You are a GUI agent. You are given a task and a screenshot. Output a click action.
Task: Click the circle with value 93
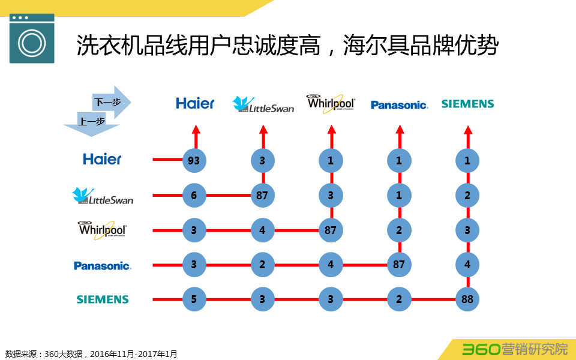click(194, 160)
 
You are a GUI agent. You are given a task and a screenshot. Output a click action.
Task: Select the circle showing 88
click(467, 299)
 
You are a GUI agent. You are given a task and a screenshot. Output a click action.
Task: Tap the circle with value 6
click(194, 195)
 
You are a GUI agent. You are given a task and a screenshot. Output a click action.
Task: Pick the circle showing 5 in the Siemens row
click(194, 299)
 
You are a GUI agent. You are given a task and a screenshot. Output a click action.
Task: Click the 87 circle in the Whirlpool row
click(331, 230)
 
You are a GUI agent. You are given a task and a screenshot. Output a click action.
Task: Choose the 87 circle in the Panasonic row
click(399, 265)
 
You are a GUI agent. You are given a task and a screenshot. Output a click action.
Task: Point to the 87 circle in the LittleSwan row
click(262, 195)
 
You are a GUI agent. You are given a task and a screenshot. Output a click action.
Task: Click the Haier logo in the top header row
click(195, 104)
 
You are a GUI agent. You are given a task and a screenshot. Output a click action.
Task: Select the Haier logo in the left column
click(102, 159)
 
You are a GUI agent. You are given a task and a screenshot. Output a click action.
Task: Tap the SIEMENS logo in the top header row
click(467, 104)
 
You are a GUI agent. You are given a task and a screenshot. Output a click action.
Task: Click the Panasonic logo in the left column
click(102, 265)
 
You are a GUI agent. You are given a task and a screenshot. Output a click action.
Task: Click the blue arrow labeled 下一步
click(110, 102)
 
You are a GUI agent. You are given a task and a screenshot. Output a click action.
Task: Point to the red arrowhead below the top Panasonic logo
click(399, 129)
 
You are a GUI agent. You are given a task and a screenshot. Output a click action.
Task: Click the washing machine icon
click(32, 38)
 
